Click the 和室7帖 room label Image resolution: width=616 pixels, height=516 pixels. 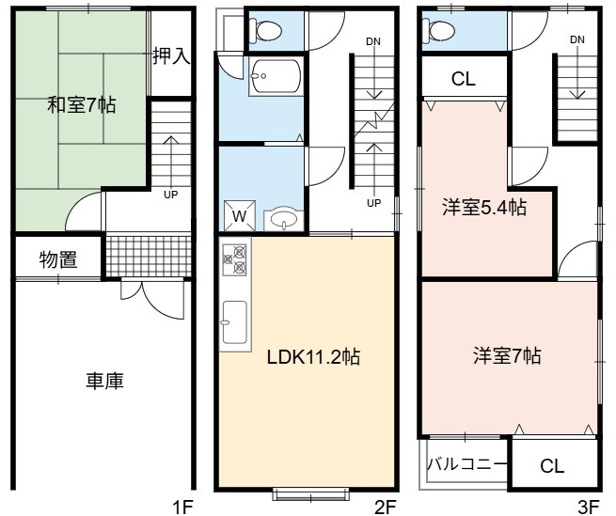point(81,105)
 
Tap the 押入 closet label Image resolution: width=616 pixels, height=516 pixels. point(172,55)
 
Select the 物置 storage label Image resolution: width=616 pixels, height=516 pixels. point(58,259)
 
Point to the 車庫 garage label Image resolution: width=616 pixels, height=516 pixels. point(105,381)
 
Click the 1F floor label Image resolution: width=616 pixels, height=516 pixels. point(182,507)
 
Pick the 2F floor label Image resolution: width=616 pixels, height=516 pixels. point(385,507)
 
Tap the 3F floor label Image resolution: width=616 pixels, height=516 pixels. point(589,507)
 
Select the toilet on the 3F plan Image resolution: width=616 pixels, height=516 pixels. point(439,29)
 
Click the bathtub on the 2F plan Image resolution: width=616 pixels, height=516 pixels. point(276,76)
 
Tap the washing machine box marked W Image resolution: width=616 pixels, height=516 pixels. point(240,215)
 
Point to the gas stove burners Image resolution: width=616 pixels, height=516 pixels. point(235,258)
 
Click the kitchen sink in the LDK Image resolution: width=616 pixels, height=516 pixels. point(235,322)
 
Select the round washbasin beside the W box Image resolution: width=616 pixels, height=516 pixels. point(284,219)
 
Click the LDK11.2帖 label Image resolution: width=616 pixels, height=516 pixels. point(313,357)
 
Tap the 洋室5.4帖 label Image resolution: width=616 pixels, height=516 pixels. point(484,207)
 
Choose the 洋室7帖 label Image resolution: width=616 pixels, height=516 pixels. point(507,355)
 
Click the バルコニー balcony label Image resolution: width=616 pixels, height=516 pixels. point(466,465)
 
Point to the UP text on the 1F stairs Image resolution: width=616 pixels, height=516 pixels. point(170,195)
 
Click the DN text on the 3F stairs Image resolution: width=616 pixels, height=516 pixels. point(577,39)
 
